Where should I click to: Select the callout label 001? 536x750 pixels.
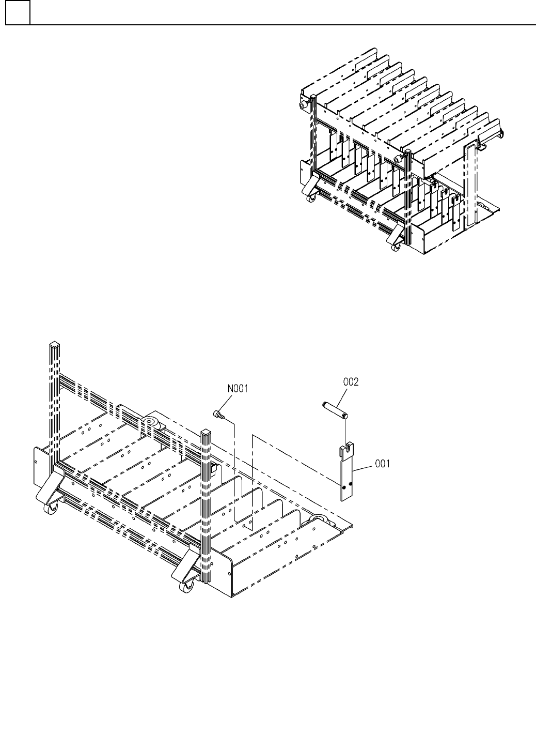[382, 464]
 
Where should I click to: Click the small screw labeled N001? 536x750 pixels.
[218, 414]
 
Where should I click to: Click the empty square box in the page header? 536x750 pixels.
[18, 13]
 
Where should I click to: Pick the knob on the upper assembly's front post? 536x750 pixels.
[399, 159]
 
